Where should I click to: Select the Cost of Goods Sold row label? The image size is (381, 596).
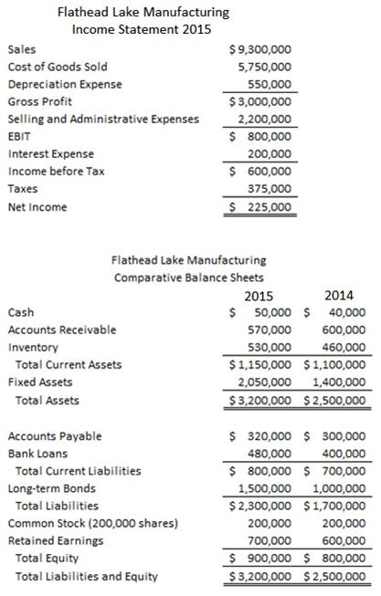tap(57, 67)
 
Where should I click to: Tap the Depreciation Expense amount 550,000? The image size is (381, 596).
tap(271, 84)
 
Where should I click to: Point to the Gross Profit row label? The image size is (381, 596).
tap(39, 101)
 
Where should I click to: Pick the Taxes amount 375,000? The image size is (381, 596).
tap(271, 189)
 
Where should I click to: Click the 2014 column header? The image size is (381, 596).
tap(340, 295)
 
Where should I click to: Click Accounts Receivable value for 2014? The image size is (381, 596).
tap(344, 329)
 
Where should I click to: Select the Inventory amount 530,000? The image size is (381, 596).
tap(270, 347)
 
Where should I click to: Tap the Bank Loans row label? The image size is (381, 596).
tap(37, 454)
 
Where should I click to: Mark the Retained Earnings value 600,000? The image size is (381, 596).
tap(344, 540)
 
